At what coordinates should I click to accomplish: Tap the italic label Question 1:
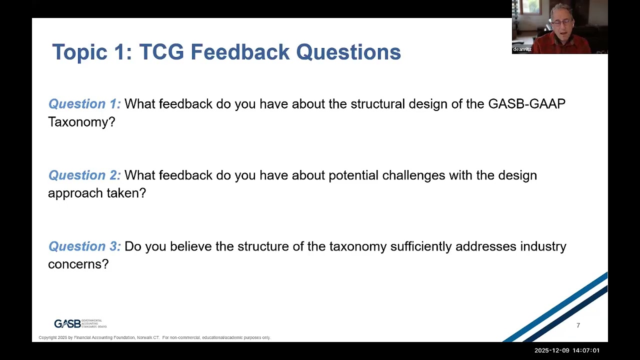tap(84, 104)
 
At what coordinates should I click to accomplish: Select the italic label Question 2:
tap(84, 175)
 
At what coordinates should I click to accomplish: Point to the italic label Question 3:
tap(84, 246)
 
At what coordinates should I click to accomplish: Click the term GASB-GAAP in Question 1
tap(526, 104)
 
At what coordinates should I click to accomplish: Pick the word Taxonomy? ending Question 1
tap(81, 122)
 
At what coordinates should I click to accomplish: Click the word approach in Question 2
tap(70, 193)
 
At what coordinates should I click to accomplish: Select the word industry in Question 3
tap(543, 246)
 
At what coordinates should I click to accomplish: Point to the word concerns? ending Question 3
tap(78, 264)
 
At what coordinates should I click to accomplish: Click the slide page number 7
tap(578, 325)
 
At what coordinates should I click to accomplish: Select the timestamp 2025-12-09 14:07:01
tap(566, 350)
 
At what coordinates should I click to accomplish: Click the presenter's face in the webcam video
tap(560, 22)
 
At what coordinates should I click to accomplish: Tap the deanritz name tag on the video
tap(522, 49)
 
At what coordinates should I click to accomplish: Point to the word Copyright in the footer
tap(48, 338)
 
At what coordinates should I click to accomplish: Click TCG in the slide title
tap(162, 52)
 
